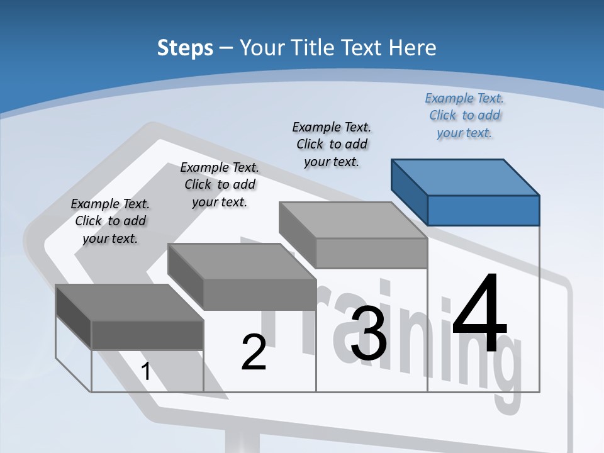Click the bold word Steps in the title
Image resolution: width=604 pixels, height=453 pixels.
[x=185, y=48]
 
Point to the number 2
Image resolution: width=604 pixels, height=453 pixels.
[x=254, y=352]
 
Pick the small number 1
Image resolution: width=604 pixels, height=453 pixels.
[x=146, y=371]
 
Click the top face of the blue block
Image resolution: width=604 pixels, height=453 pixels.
[x=466, y=177]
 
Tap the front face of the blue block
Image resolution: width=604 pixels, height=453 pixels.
[x=483, y=210]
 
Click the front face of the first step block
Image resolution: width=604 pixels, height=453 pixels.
[x=147, y=335]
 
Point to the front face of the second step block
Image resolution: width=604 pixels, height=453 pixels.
[x=259, y=294]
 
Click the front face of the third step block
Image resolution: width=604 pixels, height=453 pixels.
[x=371, y=253]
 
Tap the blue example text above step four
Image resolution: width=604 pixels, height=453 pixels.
[x=464, y=116]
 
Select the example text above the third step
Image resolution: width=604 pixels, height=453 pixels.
[x=332, y=144]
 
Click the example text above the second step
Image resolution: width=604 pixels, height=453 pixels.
[x=220, y=184]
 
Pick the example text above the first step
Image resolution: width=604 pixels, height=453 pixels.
[x=110, y=221]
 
